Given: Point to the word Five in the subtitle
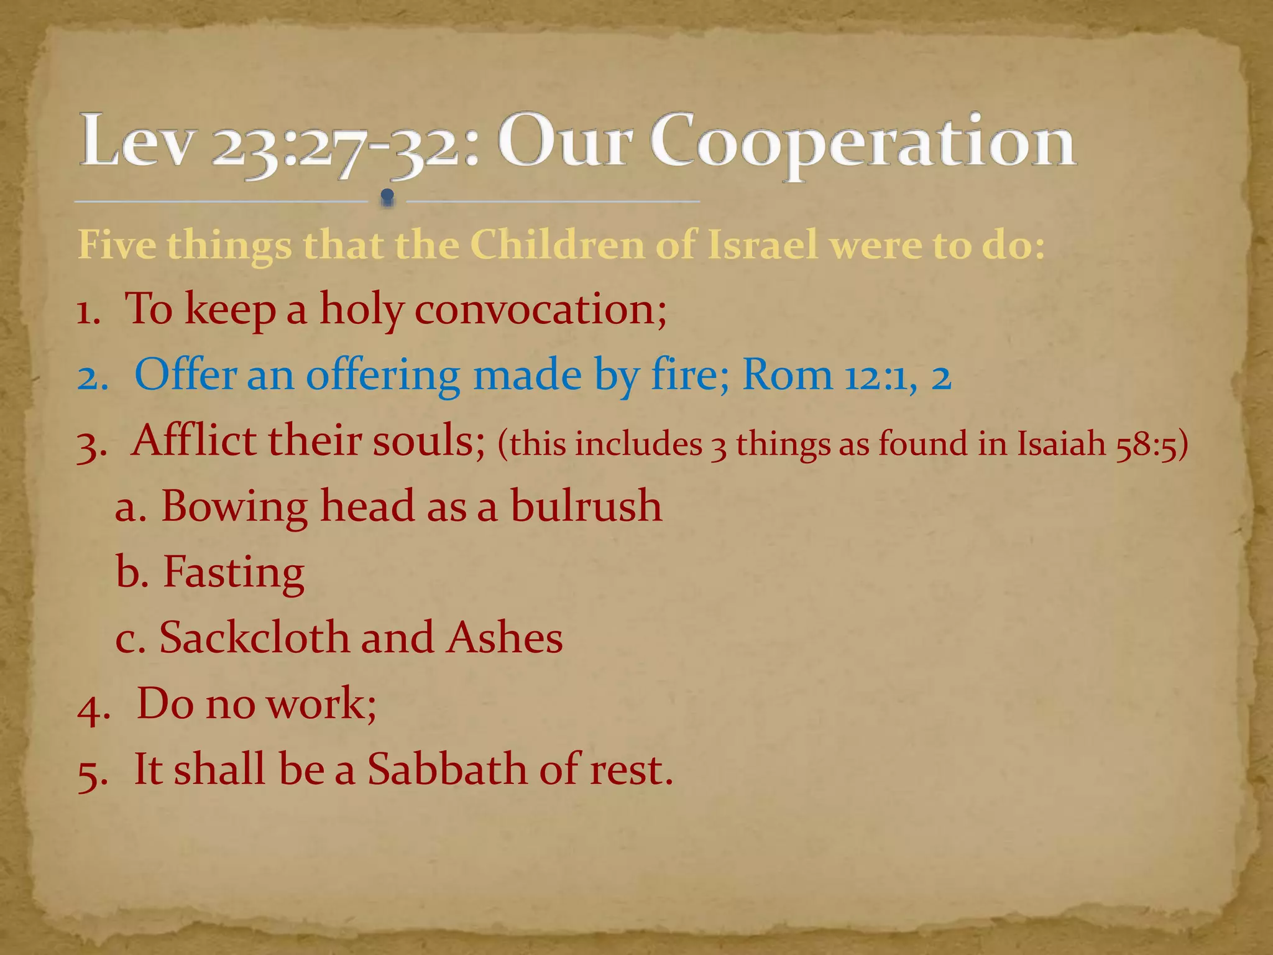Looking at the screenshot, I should (x=117, y=245).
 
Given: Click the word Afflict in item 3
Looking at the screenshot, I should (x=194, y=441).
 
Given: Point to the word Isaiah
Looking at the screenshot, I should (x=1061, y=445).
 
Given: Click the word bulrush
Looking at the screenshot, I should (x=586, y=506).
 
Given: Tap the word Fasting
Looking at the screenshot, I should (x=234, y=573).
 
